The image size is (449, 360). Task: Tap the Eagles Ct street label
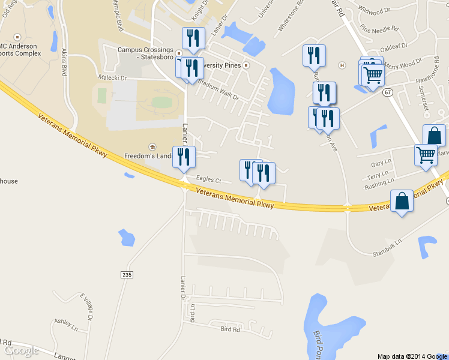[x=208, y=179]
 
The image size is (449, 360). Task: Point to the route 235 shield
[x=126, y=274]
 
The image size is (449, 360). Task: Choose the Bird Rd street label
[x=230, y=329]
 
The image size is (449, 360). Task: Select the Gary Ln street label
[x=380, y=164]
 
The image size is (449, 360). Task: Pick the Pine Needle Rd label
[x=379, y=28]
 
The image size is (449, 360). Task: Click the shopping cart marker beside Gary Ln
[x=426, y=155]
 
